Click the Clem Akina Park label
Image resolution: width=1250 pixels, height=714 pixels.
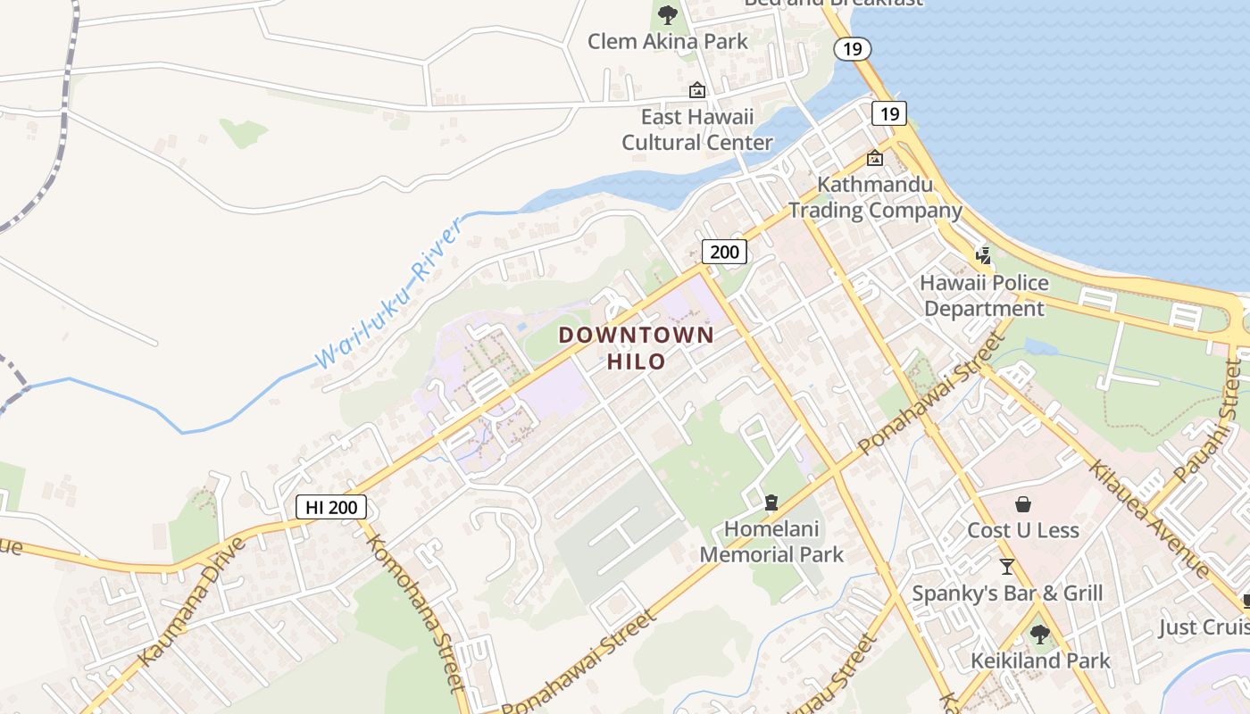pos(668,41)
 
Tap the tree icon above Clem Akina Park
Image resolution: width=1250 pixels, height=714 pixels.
pos(667,14)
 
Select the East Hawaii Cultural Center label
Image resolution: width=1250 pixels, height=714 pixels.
pos(697,129)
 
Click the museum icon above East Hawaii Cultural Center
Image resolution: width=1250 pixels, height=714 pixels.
pos(696,90)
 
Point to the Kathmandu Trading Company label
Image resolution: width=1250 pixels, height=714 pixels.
pos(875,198)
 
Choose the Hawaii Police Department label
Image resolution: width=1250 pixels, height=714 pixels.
pos(984,295)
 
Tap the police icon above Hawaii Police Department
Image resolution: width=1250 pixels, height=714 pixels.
pos(983,256)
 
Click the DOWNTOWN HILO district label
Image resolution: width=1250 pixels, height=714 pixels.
pos(637,348)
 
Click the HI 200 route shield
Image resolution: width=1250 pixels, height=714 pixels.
pos(331,507)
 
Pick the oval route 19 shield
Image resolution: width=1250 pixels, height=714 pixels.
pos(853,48)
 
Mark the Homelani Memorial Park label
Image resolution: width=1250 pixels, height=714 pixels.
pos(771,542)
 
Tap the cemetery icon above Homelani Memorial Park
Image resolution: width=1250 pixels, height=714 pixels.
pos(771,502)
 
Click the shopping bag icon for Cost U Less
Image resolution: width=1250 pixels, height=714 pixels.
pos(1023,504)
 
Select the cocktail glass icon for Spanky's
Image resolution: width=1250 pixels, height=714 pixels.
pos(1007,566)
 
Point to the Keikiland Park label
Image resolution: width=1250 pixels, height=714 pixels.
pos(1040,660)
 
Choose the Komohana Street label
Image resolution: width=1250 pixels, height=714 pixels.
pos(416,613)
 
